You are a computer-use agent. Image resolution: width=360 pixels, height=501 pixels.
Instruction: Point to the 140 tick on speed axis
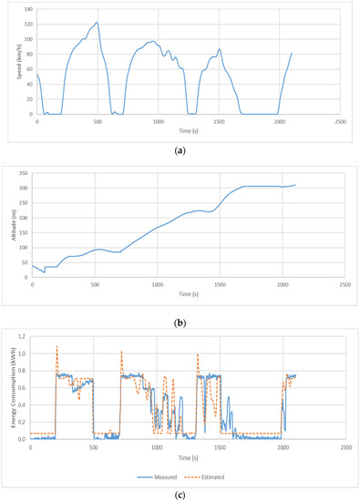pos(27,9)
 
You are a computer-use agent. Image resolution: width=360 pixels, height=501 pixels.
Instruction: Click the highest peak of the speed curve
pos(97,23)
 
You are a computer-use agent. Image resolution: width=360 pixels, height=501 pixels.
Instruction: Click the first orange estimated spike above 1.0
pos(57,346)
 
